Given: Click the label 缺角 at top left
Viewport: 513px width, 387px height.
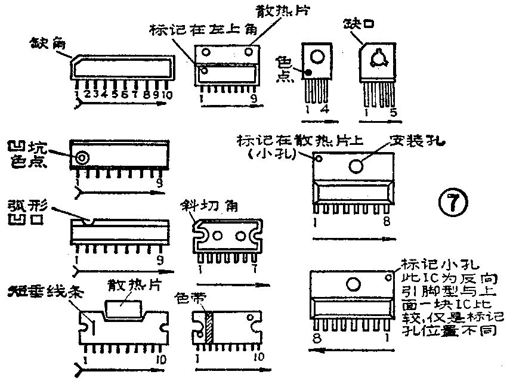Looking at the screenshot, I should (44, 44).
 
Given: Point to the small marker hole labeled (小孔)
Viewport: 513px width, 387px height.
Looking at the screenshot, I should (319, 159).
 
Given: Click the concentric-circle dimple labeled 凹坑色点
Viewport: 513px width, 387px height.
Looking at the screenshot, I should (82, 157).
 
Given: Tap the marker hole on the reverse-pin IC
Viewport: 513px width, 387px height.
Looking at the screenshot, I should (390, 277).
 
